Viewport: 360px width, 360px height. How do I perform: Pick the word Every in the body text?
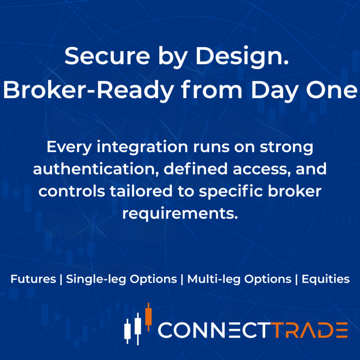(71, 148)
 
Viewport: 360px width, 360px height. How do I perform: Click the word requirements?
(179, 213)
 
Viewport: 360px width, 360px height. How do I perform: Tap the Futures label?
(32, 279)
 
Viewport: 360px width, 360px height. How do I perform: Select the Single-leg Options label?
(121, 279)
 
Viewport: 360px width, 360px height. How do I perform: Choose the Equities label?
(325, 279)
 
